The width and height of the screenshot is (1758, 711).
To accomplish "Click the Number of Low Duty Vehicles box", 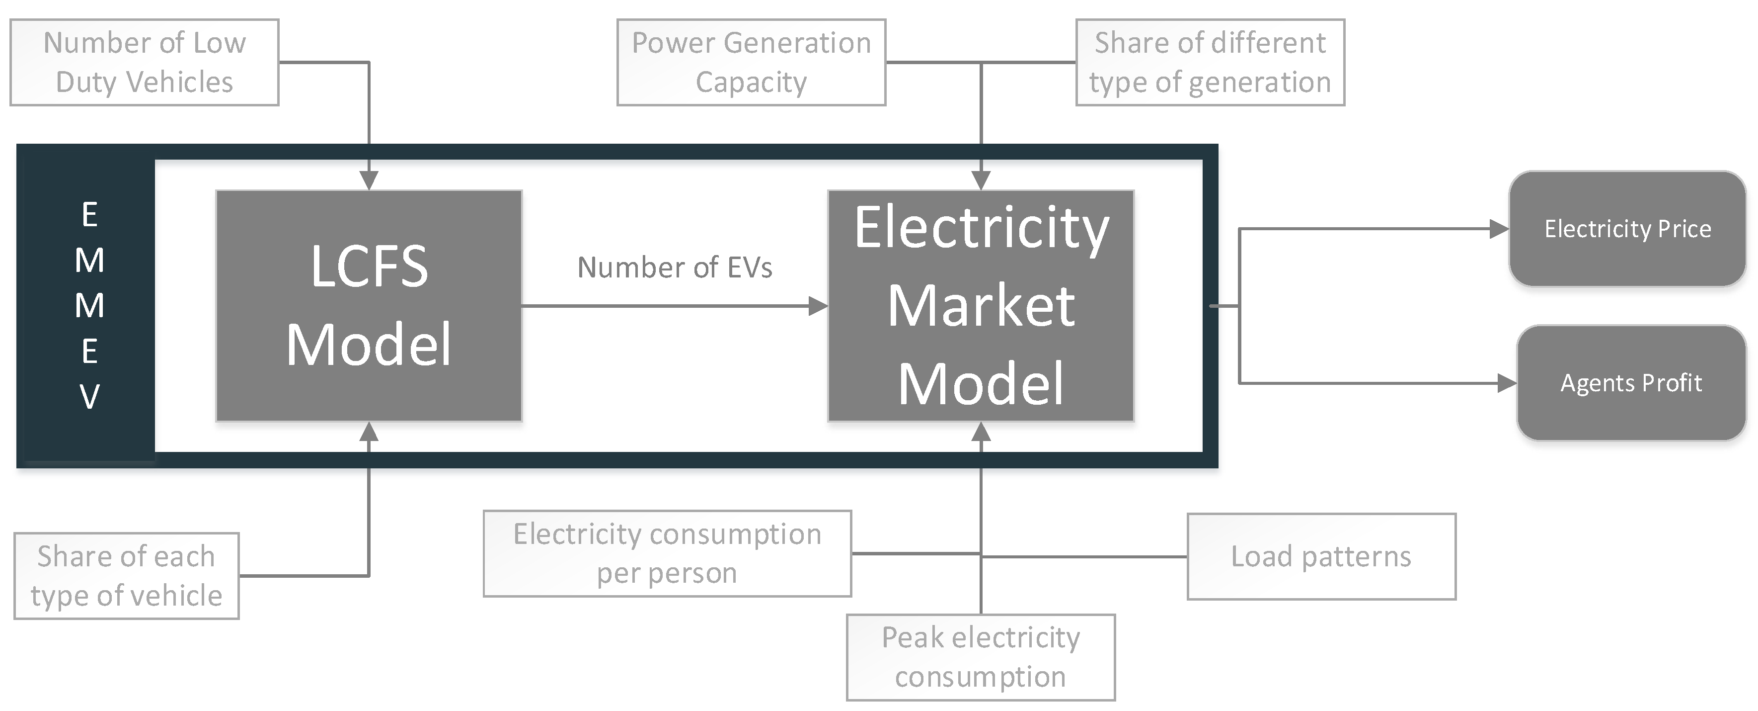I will point(144,62).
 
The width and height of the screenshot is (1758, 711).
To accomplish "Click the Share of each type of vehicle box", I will point(126,576).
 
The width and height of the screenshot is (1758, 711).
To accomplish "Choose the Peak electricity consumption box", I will point(980,657).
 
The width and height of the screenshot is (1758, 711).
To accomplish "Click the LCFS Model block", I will point(369,305).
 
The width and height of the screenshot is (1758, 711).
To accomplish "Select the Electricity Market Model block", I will point(980,305).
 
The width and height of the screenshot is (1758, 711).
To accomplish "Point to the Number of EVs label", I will point(674,267).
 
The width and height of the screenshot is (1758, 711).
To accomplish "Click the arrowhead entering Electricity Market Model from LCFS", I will point(818,306).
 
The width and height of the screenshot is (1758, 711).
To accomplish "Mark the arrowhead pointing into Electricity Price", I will point(1499,229).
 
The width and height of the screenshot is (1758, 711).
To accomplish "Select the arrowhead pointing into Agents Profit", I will point(1506,383).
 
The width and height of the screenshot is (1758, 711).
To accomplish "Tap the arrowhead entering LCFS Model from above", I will point(369,180).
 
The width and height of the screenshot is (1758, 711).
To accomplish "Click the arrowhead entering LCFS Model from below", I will point(369,431).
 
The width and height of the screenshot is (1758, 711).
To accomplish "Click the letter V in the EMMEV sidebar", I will point(89,397).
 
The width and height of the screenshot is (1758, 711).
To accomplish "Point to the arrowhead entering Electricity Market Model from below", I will point(981,431).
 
